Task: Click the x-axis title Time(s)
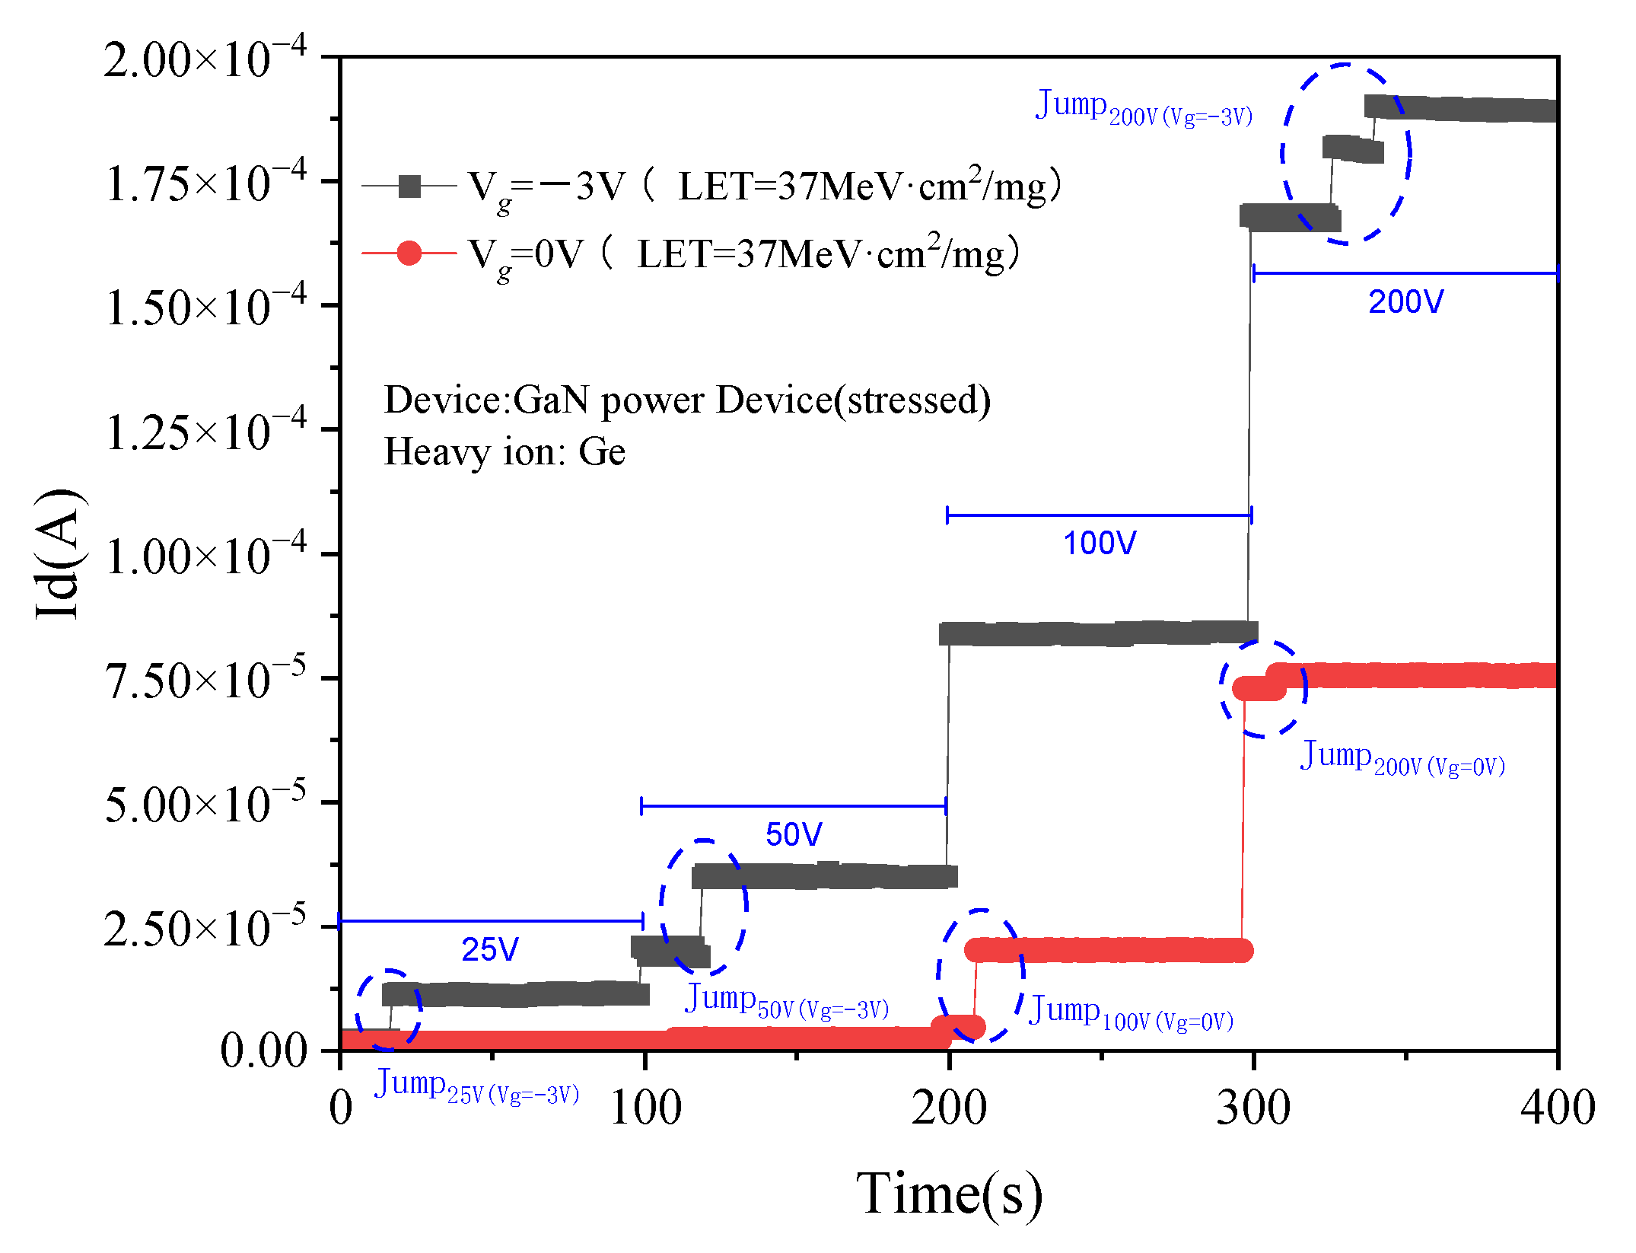click(x=949, y=1193)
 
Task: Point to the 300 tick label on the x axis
click(x=1252, y=1108)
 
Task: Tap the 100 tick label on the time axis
click(x=645, y=1108)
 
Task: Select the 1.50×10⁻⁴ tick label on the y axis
click(x=205, y=306)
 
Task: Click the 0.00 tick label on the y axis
click(x=263, y=1051)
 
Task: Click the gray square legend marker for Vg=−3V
click(x=409, y=187)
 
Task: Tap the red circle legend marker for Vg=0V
click(x=409, y=253)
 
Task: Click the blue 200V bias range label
click(x=1405, y=302)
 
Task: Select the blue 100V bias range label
click(x=1100, y=544)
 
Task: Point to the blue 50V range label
click(x=794, y=834)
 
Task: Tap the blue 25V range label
click(x=490, y=949)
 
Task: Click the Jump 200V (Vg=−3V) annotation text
click(x=1144, y=107)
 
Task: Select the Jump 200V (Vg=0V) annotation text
click(x=1402, y=758)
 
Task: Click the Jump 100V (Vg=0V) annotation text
click(x=1131, y=1013)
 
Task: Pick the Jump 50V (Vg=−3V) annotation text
click(x=787, y=1001)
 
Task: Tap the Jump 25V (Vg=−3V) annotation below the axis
click(x=476, y=1086)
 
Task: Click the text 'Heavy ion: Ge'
click(x=504, y=451)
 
